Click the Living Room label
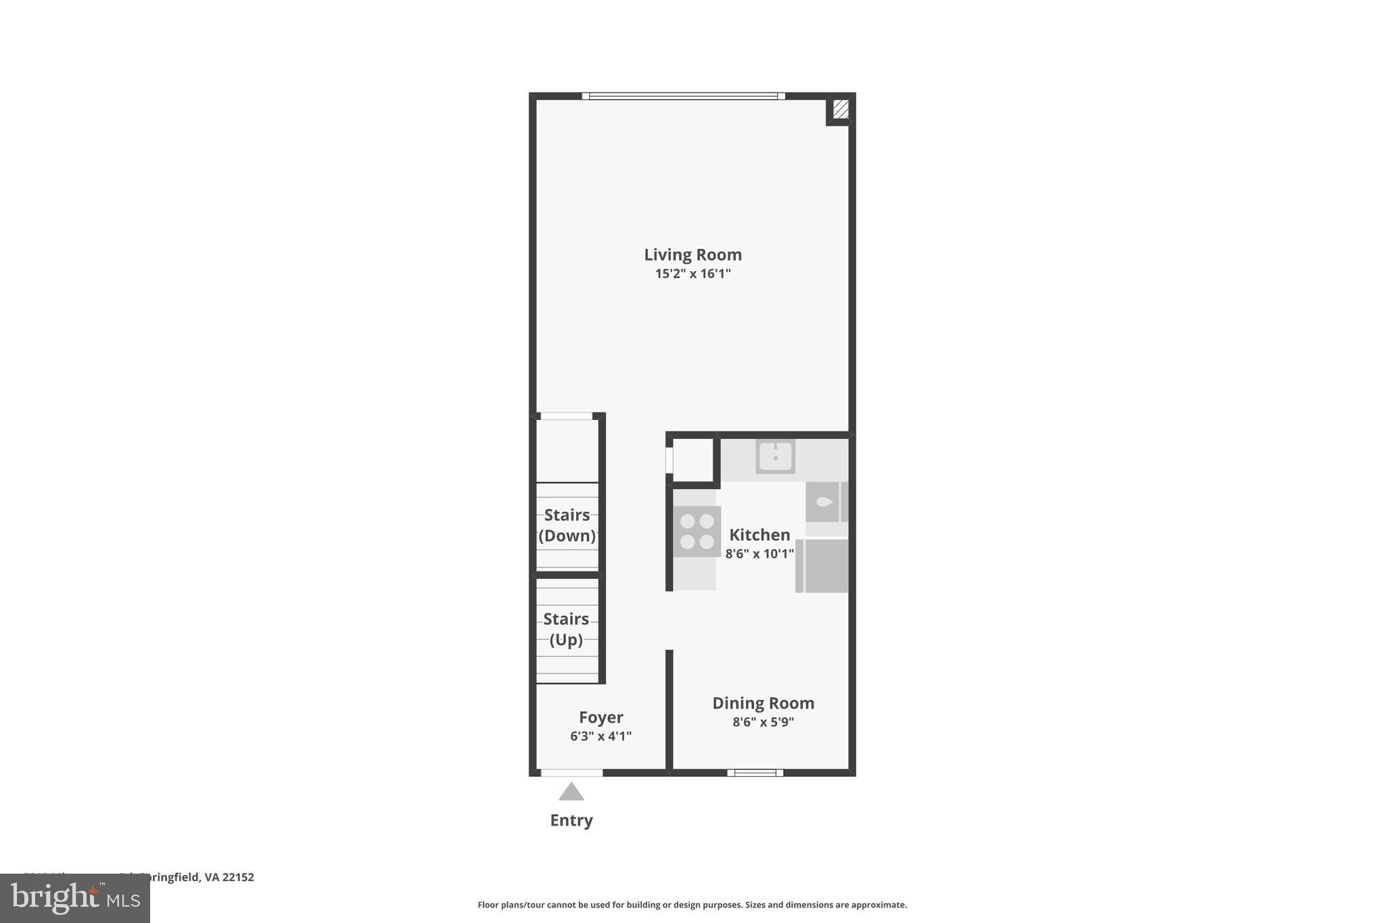(x=692, y=255)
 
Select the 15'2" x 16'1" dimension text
(x=692, y=274)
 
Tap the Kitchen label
(x=759, y=535)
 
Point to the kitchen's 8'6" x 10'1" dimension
(x=759, y=554)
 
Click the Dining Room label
(x=763, y=703)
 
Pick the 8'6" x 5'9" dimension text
(x=763, y=722)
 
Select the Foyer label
(x=601, y=717)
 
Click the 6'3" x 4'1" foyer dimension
(x=601, y=736)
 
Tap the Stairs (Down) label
(x=567, y=525)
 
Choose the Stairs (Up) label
(x=566, y=630)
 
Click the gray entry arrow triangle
(x=571, y=792)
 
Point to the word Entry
(x=571, y=820)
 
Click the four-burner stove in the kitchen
(x=697, y=531)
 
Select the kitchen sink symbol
(x=775, y=456)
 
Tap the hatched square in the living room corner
(x=841, y=109)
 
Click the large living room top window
(x=683, y=96)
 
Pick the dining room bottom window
(x=755, y=773)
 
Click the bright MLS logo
(x=74, y=898)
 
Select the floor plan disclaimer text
(x=692, y=905)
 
